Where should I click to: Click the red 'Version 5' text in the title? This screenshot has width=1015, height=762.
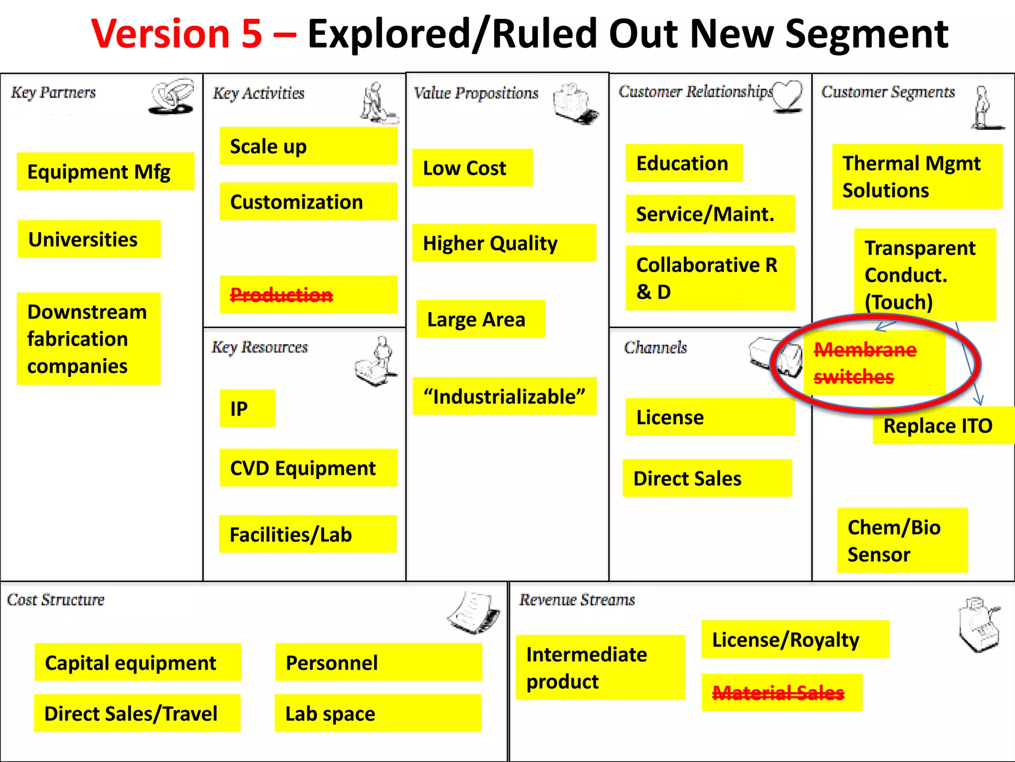coord(176,34)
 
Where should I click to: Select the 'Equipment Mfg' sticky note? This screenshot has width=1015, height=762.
coord(105,172)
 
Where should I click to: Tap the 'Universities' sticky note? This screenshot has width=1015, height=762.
coord(89,239)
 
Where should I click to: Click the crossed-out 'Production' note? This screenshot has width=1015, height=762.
coord(308,295)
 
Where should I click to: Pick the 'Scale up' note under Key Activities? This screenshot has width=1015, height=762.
coord(308,146)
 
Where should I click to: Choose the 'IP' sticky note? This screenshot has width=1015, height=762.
coord(247,408)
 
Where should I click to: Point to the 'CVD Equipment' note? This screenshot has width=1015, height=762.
coord(308,468)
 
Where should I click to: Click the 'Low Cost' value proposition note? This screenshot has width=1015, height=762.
coord(472,168)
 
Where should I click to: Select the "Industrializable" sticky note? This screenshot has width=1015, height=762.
coord(504,396)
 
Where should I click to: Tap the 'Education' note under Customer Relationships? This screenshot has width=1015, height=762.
coord(683,163)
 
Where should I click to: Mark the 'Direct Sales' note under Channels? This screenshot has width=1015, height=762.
coord(707,478)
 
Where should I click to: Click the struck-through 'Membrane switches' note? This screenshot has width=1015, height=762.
coord(873,363)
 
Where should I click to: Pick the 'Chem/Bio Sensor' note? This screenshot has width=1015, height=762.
coord(902,540)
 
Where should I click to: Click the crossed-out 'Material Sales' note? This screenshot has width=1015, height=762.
coord(782,693)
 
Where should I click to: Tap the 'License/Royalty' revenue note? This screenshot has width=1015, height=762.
coord(794,639)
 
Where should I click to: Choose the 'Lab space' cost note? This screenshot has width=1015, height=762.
coord(378,713)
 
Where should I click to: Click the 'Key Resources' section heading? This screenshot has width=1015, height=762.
coord(260,347)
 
